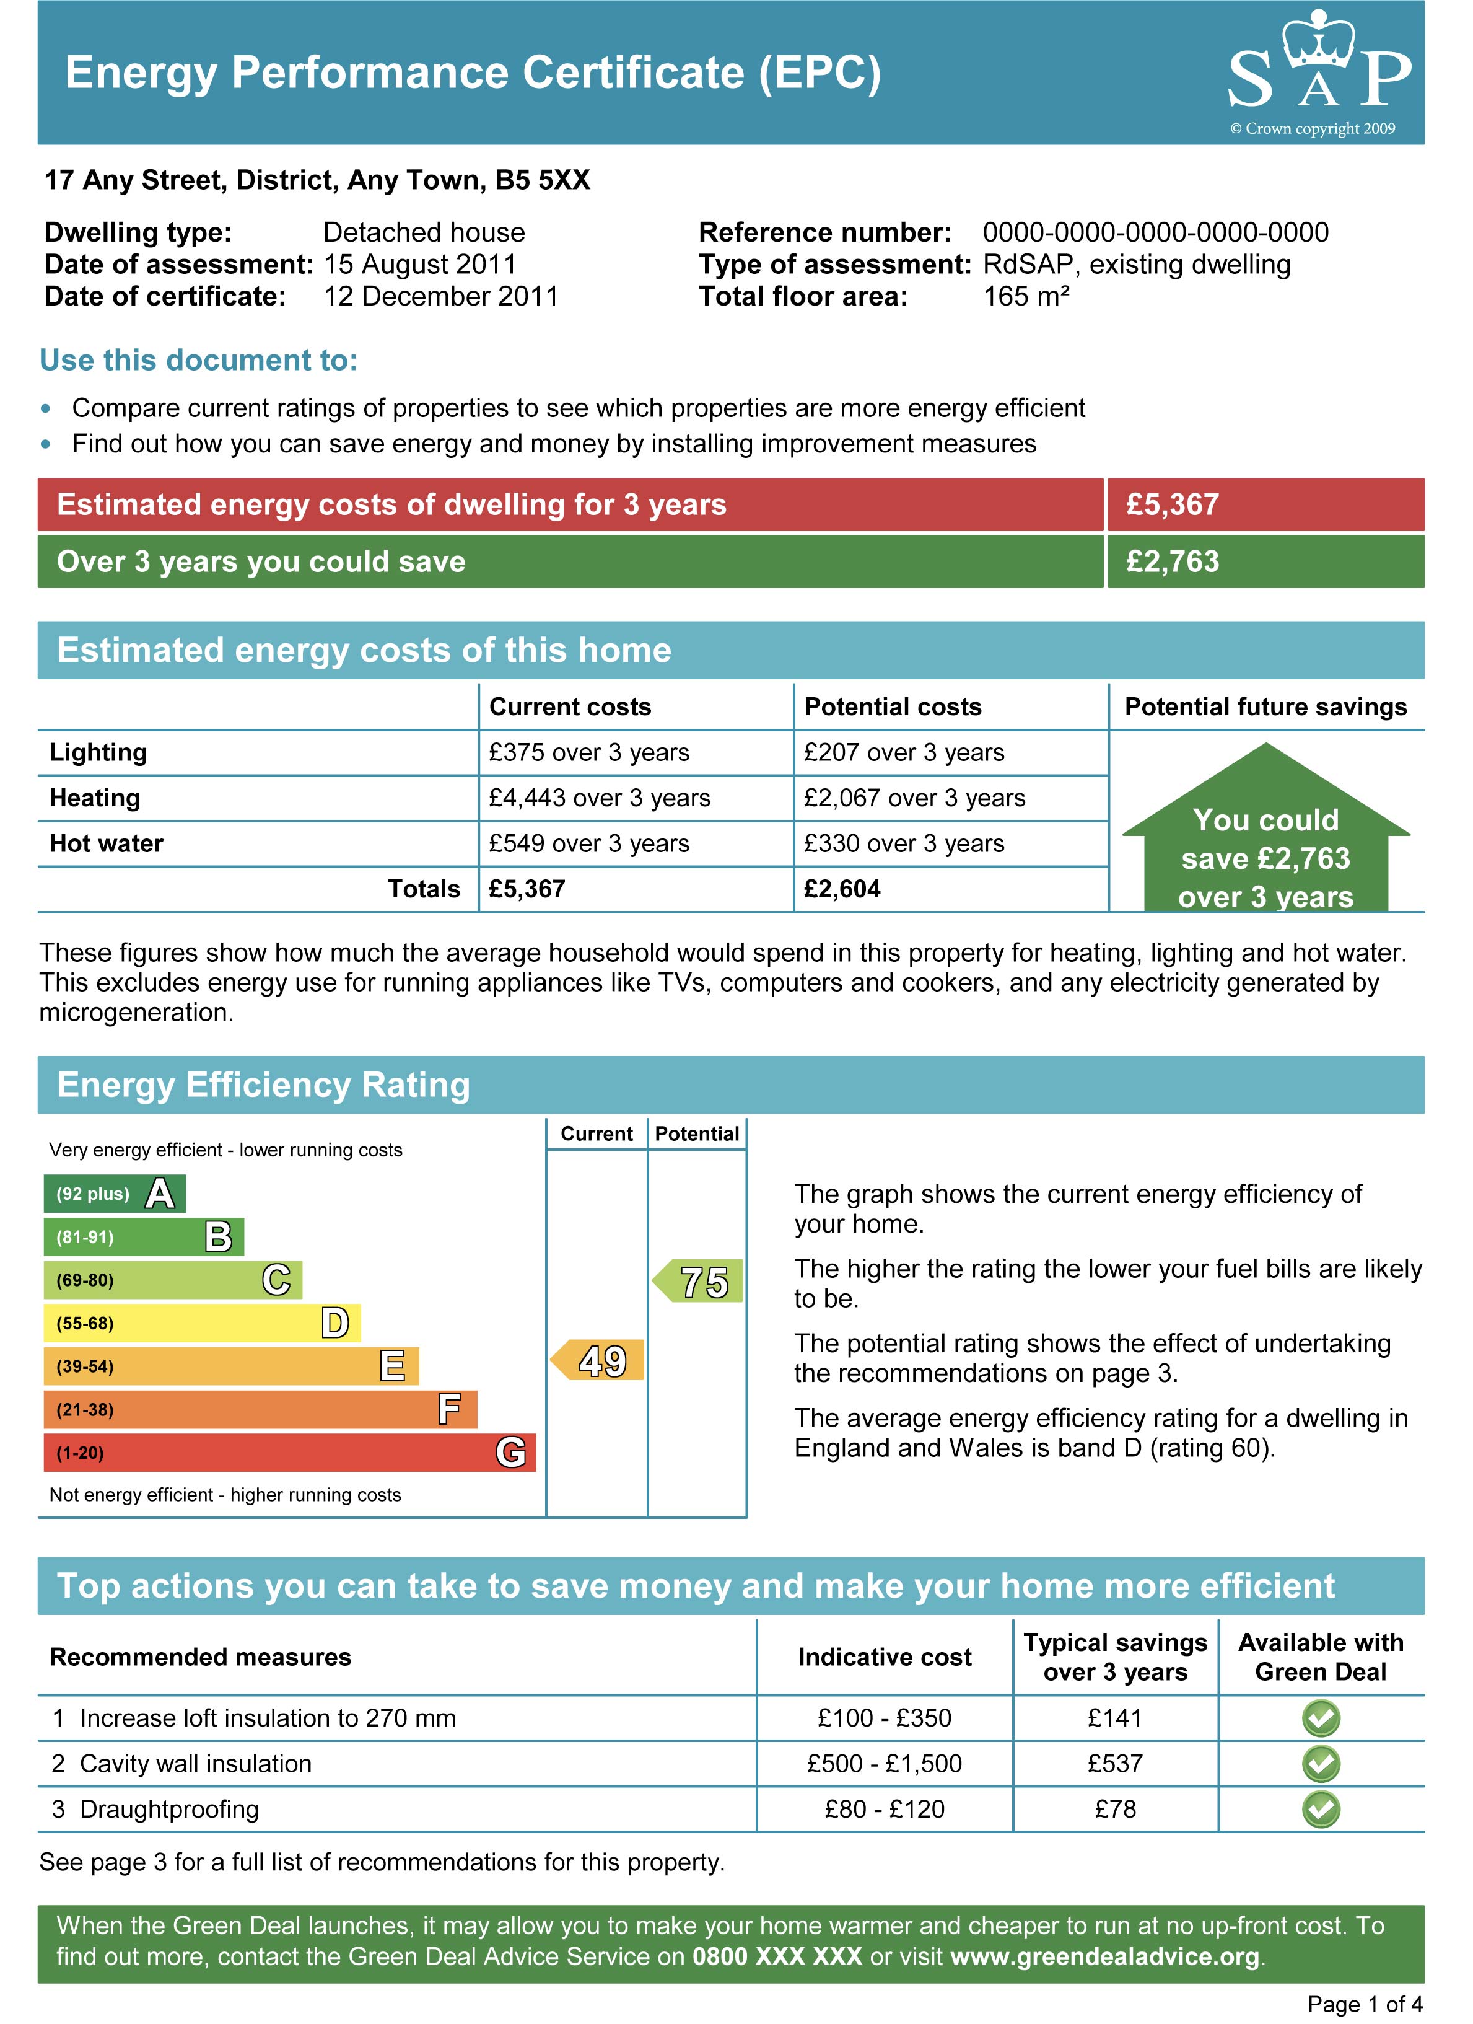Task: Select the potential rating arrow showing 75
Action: tap(699, 1282)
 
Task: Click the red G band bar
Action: tap(289, 1452)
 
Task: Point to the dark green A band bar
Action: tap(114, 1193)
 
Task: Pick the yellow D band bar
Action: tap(202, 1322)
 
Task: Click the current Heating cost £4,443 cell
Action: tap(600, 798)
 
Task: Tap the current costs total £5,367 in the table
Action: tap(527, 889)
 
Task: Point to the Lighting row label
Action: tap(98, 752)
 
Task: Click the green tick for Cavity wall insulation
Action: tap(1321, 1764)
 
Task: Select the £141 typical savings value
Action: tap(1114, 1718)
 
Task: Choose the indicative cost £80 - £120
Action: tap(884, 1809)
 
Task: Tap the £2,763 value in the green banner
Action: tap(1173, 561)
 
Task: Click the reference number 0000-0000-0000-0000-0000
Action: tap(1155, 232)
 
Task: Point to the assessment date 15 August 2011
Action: tap(420, 264)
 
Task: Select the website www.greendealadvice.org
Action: tap(1104, 1956)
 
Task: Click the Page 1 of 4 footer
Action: tap(1364, 2004)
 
